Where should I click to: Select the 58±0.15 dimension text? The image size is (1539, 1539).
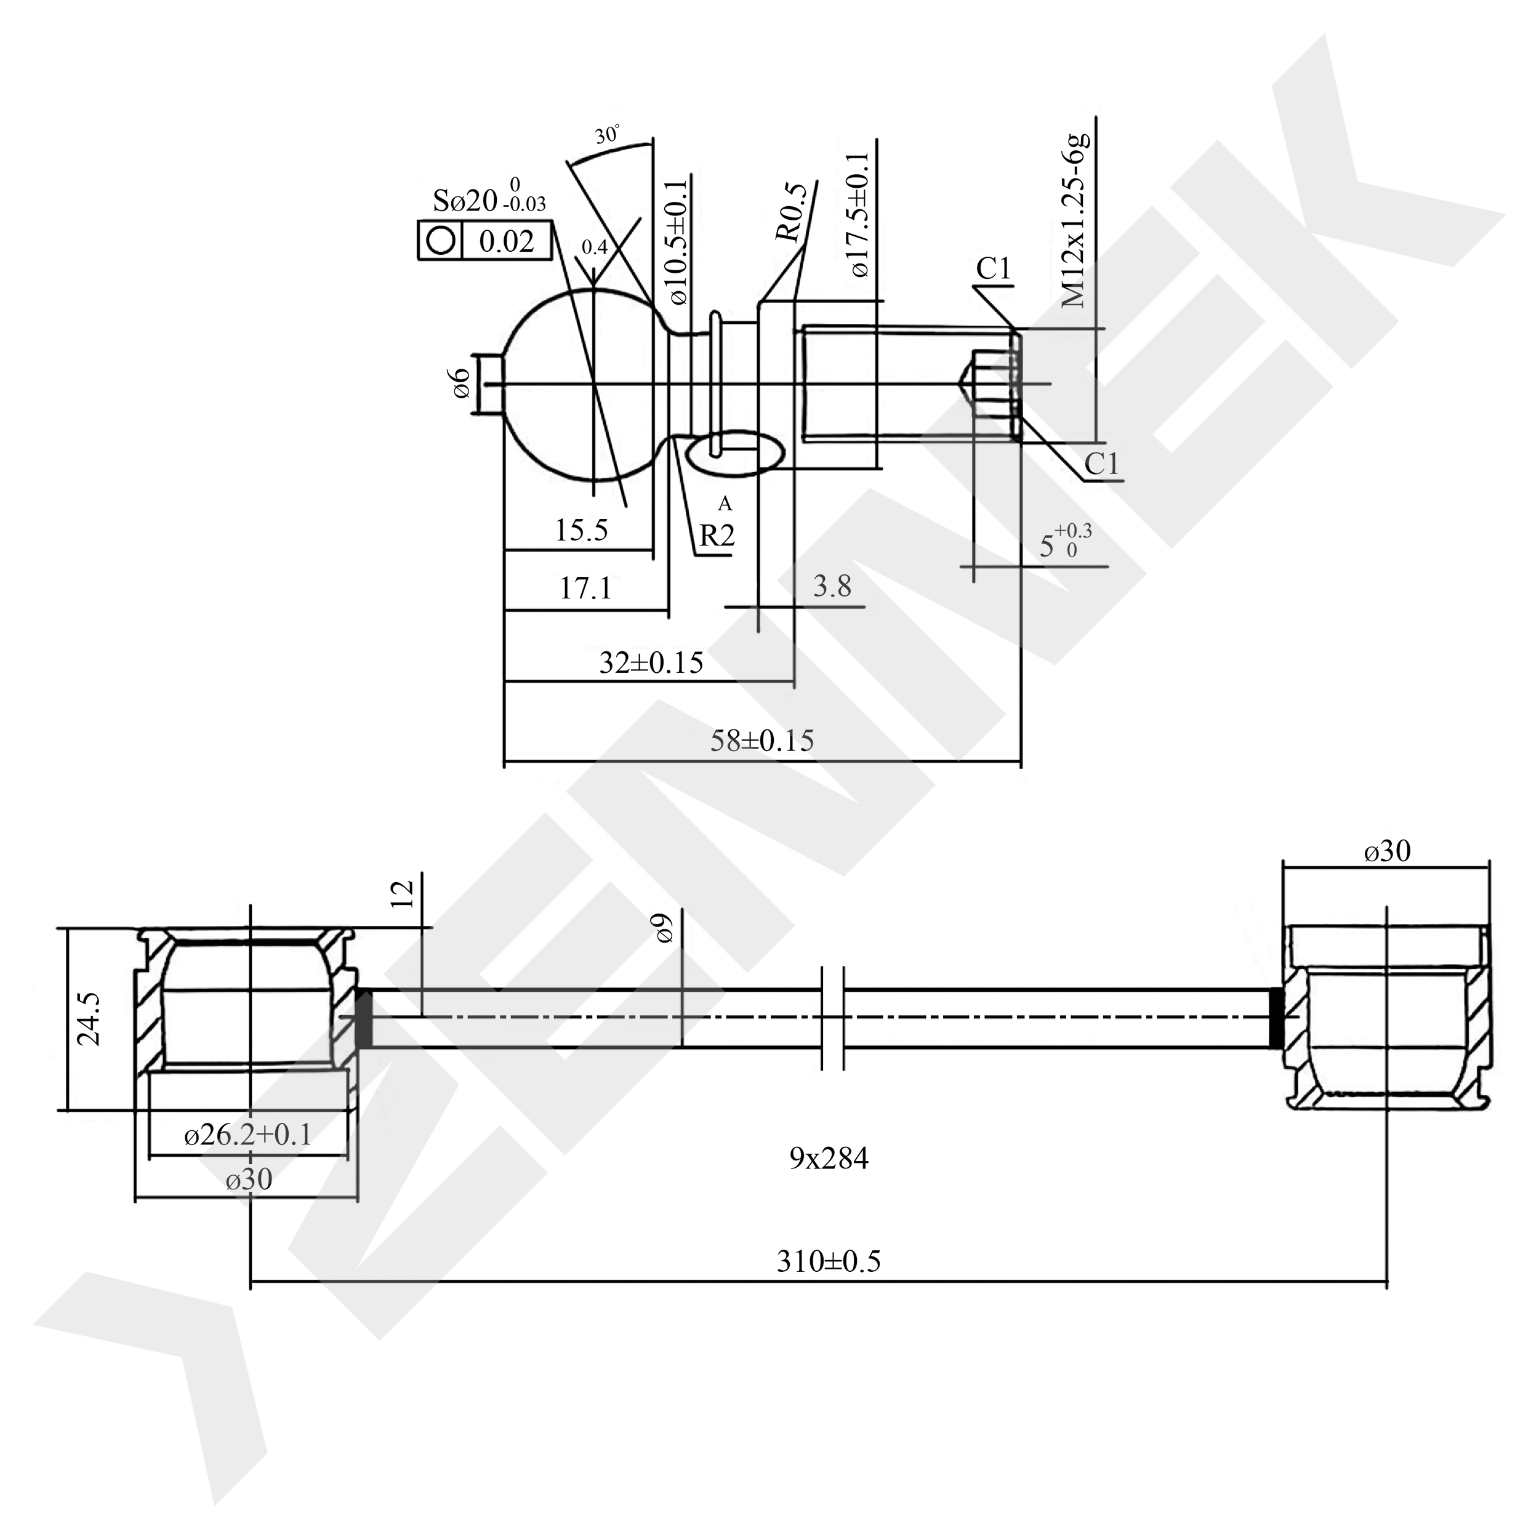point(761,741)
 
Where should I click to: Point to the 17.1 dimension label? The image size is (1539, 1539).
point(585,588)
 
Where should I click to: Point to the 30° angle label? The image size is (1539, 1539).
point(607,135)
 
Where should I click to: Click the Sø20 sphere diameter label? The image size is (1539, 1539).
point(465,201)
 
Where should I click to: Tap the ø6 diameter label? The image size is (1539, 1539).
point(460,384)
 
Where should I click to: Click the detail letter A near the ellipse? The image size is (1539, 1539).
point(724,504)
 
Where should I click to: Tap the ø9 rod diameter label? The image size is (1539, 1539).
point(664,929)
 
